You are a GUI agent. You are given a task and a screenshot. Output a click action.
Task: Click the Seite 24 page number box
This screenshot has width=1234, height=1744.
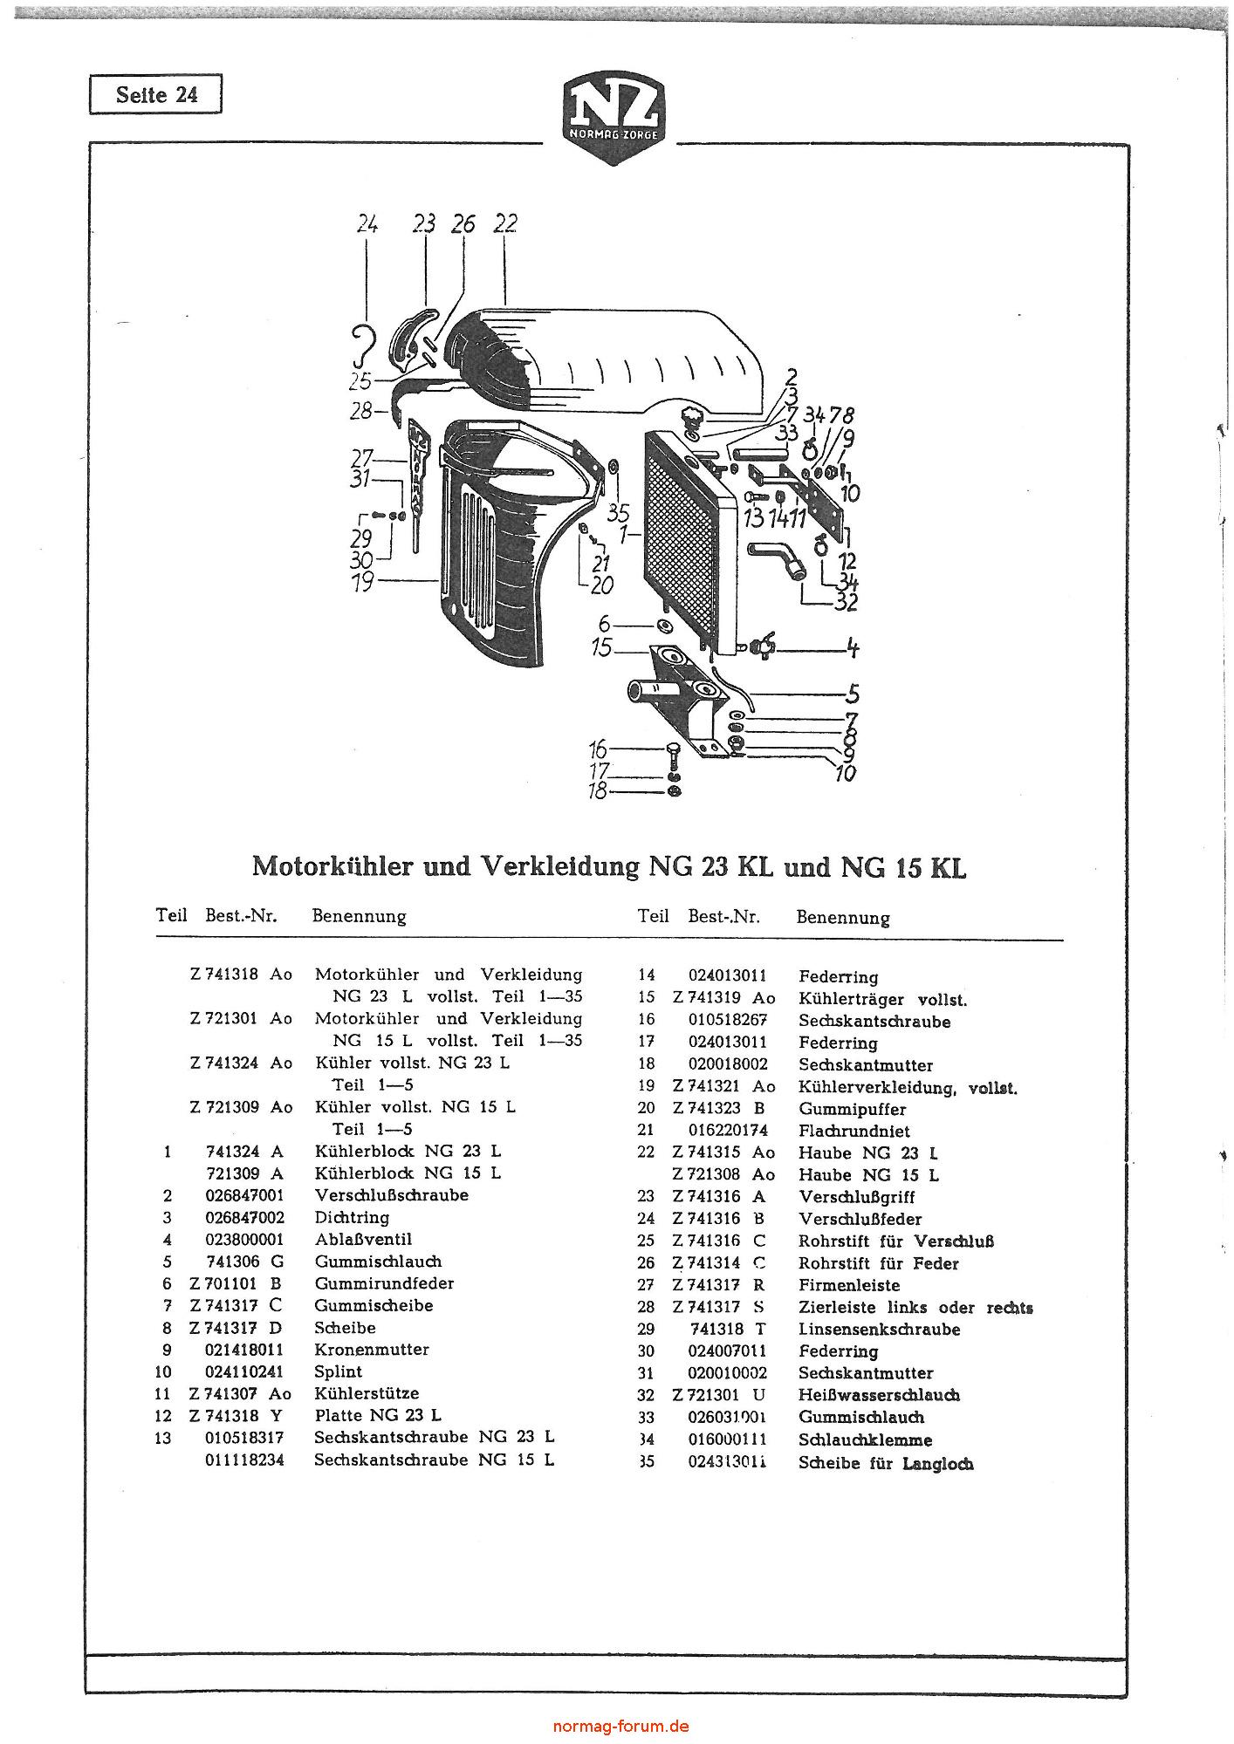[155, 94]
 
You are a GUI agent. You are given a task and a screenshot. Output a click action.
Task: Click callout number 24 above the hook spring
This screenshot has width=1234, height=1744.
[367, 224]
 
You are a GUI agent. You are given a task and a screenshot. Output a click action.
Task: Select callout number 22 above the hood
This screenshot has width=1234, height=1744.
[504, 223]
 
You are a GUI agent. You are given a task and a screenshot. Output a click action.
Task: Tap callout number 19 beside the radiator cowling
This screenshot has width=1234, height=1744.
[363, 581]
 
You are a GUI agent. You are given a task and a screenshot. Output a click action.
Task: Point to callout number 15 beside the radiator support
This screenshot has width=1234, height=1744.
[601, 649]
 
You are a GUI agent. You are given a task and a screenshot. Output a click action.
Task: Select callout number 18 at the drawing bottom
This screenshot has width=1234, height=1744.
[598, 792]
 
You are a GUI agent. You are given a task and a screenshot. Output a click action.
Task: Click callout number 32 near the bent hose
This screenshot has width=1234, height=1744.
[846, 601]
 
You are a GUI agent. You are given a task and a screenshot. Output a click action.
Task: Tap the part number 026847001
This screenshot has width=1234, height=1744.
[244, 1195]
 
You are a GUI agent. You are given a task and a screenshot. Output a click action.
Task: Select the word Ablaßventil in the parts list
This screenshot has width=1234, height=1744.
[363, 1239]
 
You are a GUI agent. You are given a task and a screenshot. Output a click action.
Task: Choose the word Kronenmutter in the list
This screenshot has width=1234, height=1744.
[372, 1349]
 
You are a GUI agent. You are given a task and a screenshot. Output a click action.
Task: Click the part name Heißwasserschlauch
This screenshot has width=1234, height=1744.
[879, 1395]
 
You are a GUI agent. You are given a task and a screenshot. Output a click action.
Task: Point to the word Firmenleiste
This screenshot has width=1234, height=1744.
[849, 1285]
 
